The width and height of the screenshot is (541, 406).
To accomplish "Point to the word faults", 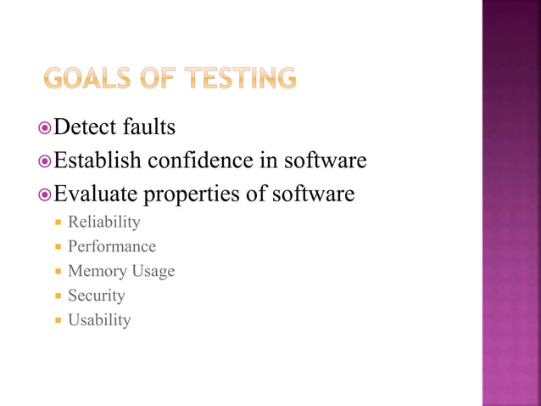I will click(151, 128).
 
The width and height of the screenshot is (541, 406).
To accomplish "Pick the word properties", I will click(192, 195).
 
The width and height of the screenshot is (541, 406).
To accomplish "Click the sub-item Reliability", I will click(103, 223).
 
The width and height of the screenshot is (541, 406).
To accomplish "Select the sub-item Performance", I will click(111, 247).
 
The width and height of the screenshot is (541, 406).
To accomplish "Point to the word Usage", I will click(153, 272).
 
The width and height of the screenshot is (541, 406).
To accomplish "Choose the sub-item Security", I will click(96, 296).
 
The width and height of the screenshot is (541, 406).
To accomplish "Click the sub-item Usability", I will click(99, 320).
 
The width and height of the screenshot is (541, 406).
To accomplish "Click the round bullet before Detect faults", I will click(46, 129).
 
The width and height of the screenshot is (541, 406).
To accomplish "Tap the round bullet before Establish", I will click(46, 161).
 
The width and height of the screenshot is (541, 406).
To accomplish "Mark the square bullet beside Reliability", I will click(58, 223).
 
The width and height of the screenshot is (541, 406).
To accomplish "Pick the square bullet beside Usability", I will click(58, 321).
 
